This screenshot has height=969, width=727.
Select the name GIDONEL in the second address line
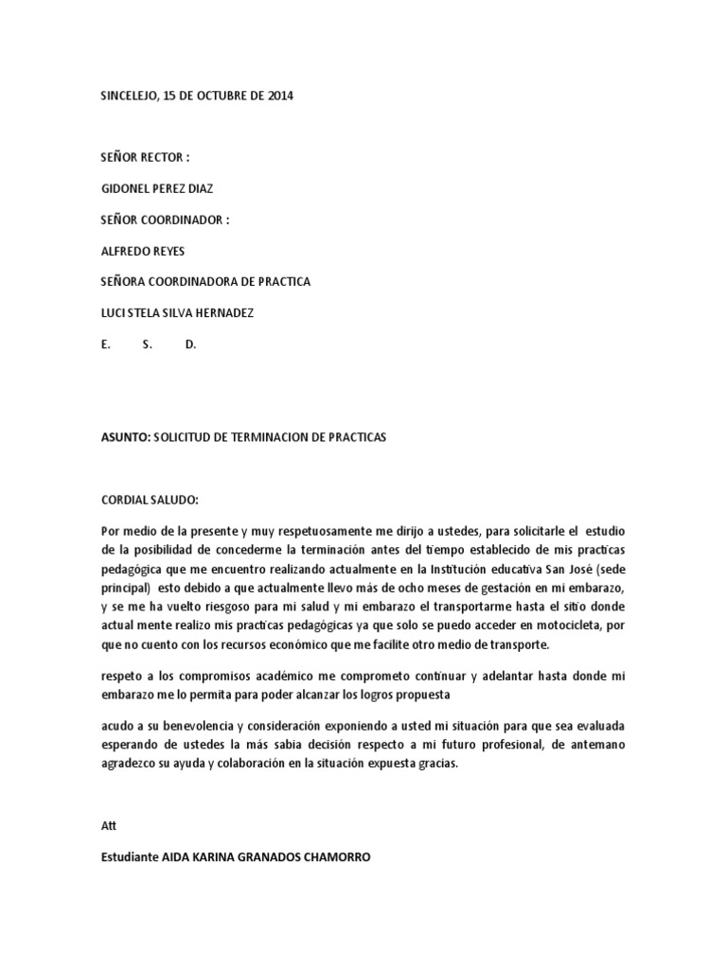click(129, 188)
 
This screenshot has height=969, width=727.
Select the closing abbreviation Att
click(107, 825)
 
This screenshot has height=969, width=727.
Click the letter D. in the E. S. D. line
click(190, 344)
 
